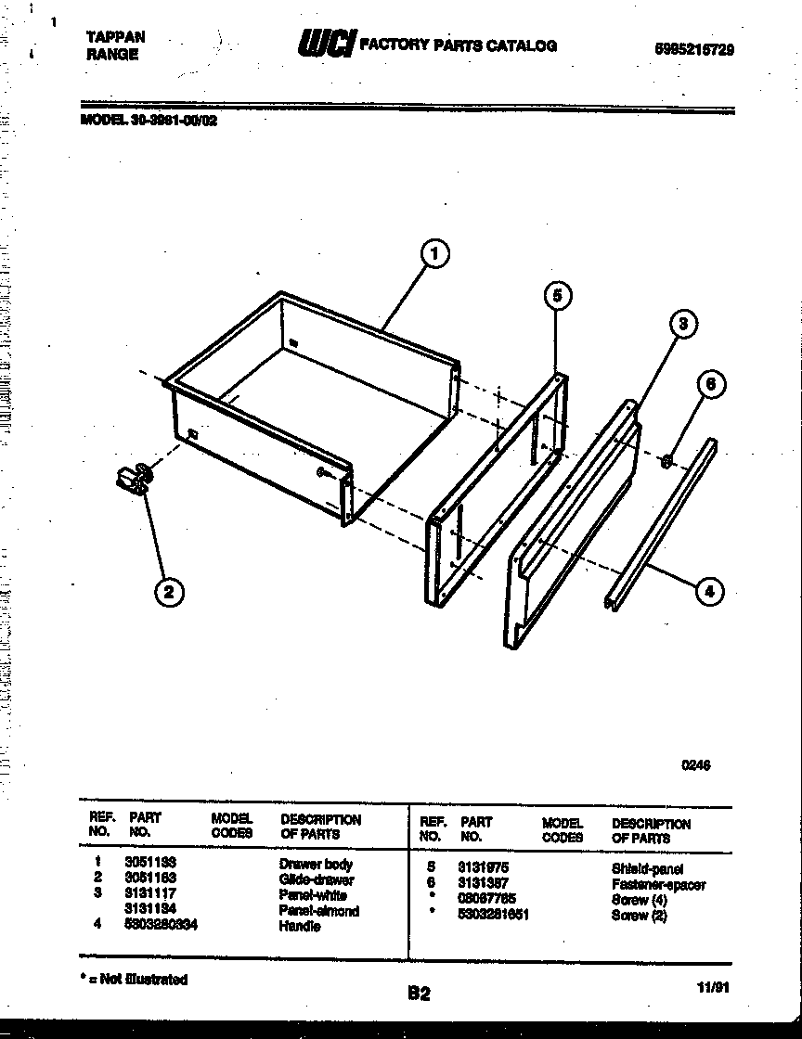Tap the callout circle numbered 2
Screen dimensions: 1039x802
click(x=168, y=592)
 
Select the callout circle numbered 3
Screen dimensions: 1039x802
click(x=682, y=324)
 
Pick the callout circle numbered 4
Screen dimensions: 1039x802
click(x=709, y=591)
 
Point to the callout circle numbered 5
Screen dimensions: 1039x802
click(x=556, y=296)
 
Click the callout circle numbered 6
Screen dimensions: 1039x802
click(x=710, y=384)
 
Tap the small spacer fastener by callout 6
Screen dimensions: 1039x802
click(x=666, y=461)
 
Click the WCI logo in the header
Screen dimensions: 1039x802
click(x=324, y=44)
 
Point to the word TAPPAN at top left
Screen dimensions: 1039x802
click(x=115, y=37)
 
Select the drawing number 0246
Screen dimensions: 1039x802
click(x=695, y=765)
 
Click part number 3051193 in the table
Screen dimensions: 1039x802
click(x=149, y=863)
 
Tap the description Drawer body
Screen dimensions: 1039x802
click(x=316, y=864)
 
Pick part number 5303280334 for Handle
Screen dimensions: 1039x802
click(x=161, y=925)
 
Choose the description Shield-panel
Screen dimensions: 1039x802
click(x=647, y=869)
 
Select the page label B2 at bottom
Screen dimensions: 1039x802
click(x=419, y=994)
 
